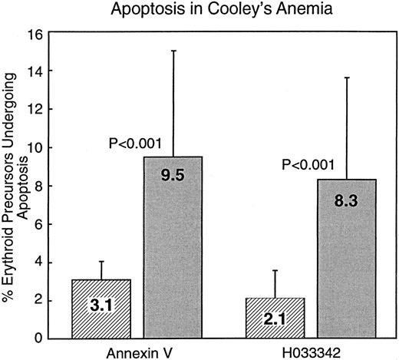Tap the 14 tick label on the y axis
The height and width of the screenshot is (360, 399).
point(35,71)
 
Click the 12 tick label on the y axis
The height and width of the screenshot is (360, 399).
point(35,110)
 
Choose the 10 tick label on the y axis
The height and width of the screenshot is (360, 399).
point(35,147)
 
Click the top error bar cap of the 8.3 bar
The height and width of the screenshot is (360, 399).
point(350,78)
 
